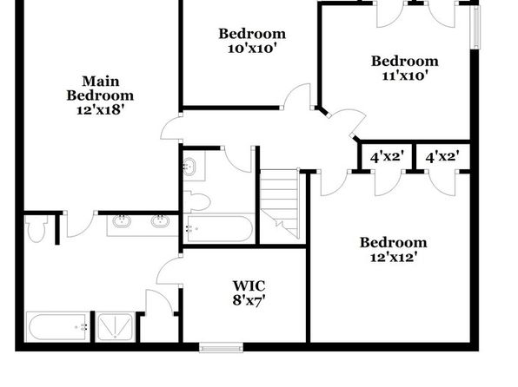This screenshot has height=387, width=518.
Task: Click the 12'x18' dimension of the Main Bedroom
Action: click(100, 110)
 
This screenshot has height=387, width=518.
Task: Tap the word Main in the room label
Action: click(101, 82)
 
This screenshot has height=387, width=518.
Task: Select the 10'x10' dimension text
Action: click(252, 49)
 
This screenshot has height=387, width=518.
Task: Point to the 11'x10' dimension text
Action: click(405, 75)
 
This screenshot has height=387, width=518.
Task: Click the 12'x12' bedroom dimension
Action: click(393, 257)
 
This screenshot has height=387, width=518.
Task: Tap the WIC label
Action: click(249, 285)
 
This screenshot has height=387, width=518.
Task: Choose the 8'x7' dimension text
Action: click(249, 300)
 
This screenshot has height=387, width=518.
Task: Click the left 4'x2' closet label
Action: click(387, 157)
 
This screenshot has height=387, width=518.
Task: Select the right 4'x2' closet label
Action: click(442, 157)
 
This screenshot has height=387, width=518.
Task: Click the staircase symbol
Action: click(280, 204)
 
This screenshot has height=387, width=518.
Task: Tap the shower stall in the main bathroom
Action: click(116, 326)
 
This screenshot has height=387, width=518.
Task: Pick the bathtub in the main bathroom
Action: click(58, 326)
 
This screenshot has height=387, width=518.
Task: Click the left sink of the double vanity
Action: click(122, 220)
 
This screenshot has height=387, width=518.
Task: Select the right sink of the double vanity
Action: click(161, 220)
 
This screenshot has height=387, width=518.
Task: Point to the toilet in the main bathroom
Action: click(36, 228)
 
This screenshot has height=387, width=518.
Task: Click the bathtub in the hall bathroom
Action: click(218, 228)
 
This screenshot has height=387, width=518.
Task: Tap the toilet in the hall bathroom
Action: click(197, 201)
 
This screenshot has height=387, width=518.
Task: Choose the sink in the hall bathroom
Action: click(189, 167)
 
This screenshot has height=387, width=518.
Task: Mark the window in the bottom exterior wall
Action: click(221, 347)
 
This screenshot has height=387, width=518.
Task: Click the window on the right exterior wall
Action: click(475, 28)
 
